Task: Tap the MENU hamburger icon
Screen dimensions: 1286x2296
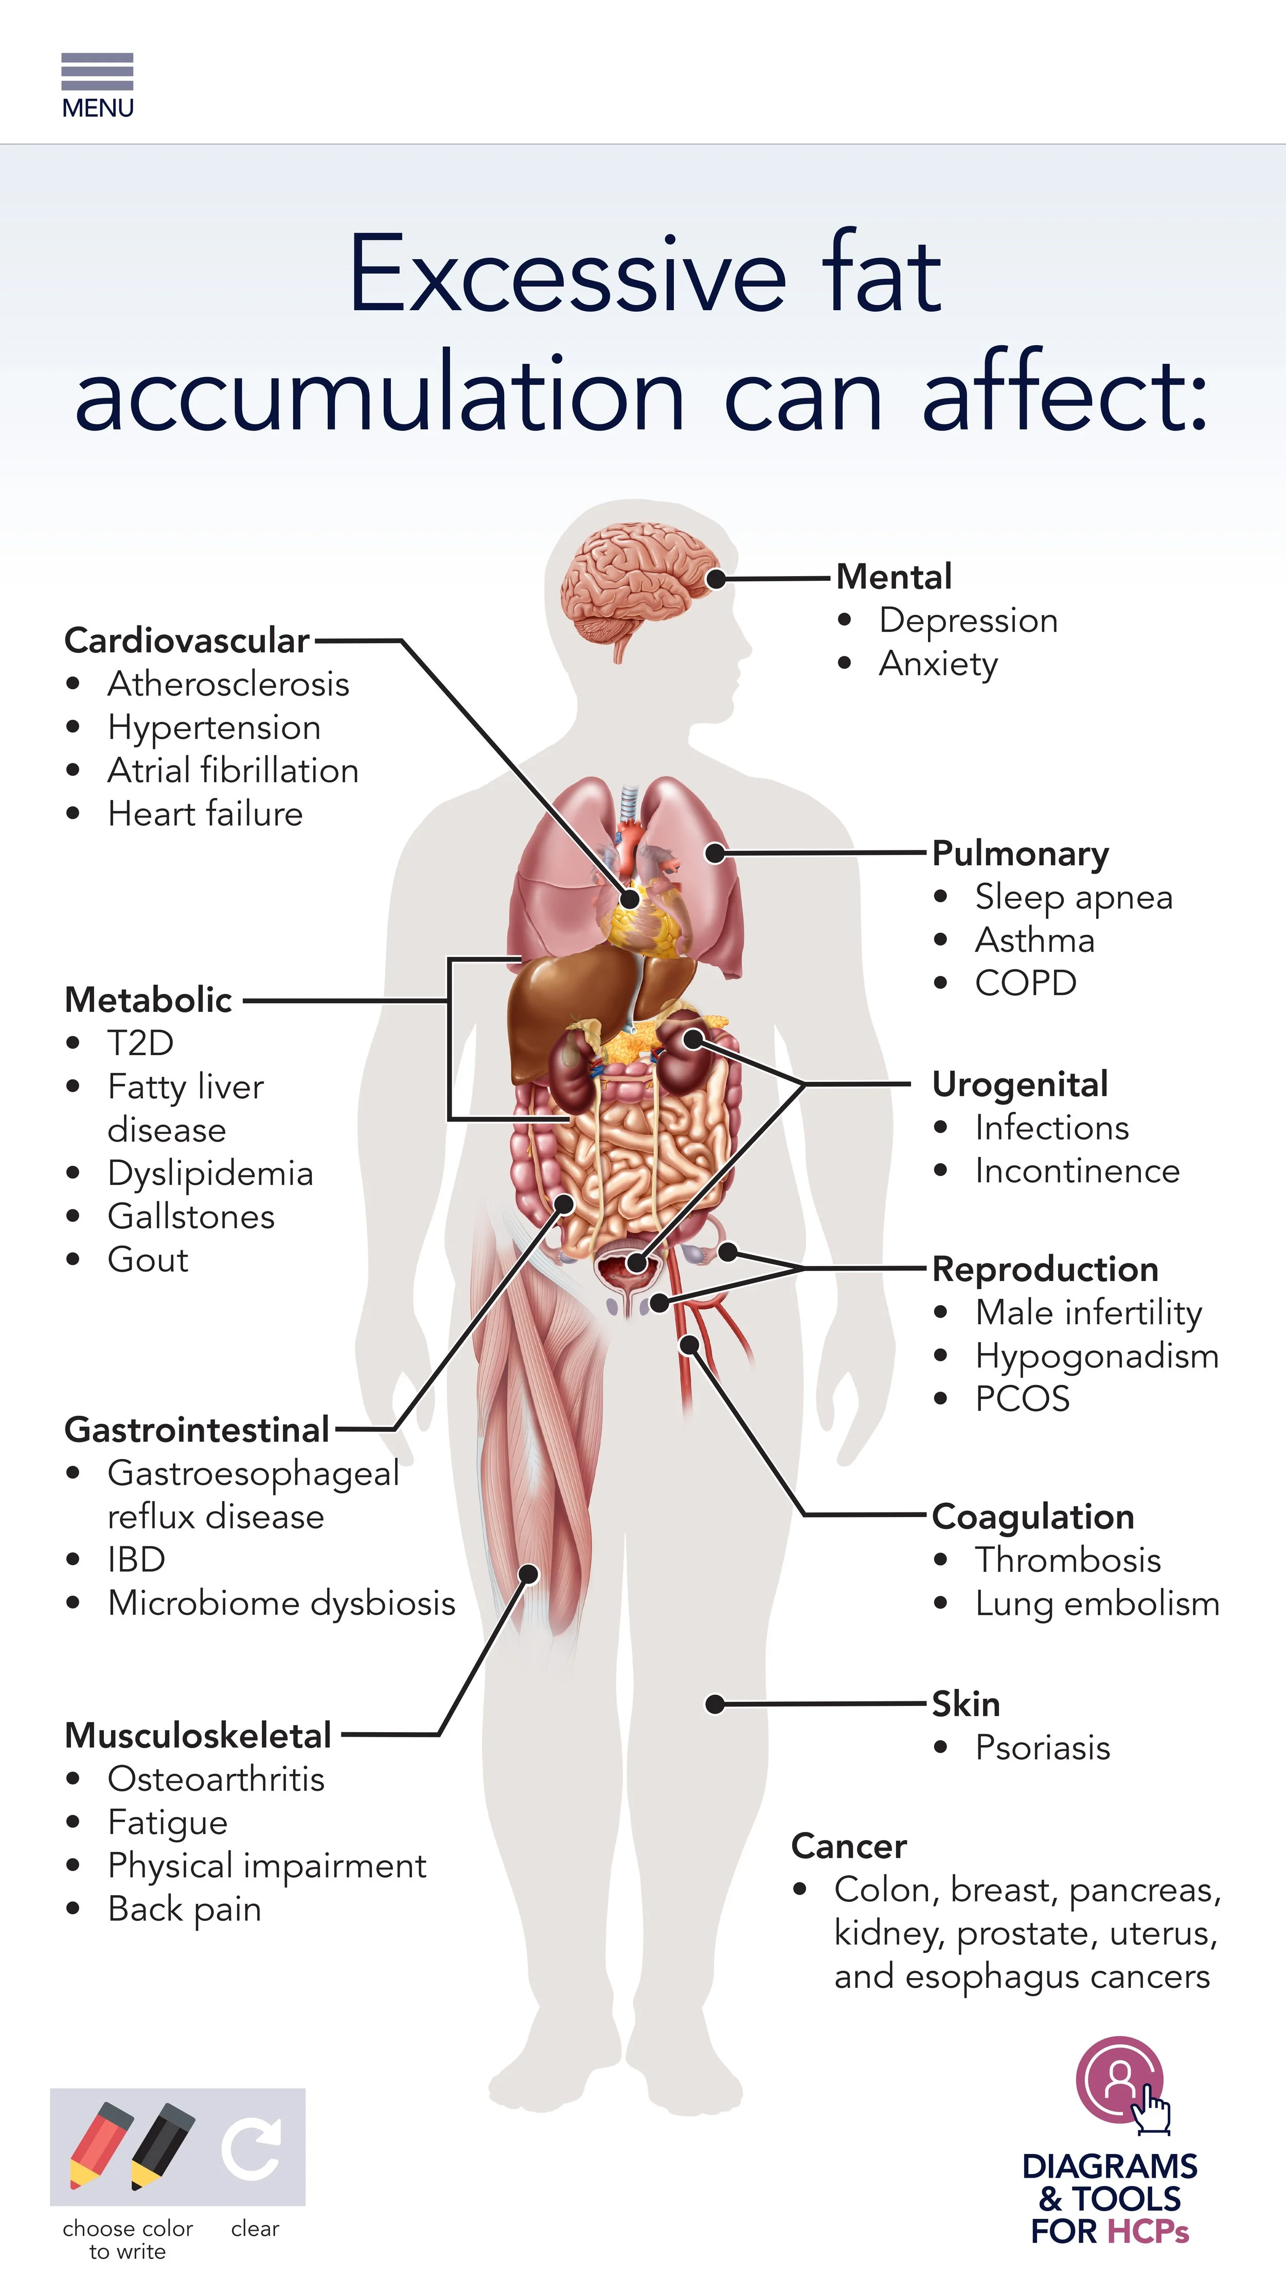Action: [97, 72]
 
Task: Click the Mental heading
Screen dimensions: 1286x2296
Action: [894, 577]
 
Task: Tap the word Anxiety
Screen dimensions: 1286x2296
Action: [938, 664]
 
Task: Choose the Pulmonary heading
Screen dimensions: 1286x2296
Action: [1021, 853]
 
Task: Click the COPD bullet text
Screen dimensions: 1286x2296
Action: [1026, 983]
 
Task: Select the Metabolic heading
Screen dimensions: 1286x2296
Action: [148, 1000]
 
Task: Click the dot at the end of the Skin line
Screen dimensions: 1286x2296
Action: [715, 1704]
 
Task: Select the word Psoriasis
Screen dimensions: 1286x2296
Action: [1043, 1748]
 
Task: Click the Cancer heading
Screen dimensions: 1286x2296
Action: [848, 1846]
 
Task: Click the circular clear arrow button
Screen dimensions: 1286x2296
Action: [252, 2149]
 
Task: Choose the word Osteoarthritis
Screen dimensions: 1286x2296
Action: [216, 1779]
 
